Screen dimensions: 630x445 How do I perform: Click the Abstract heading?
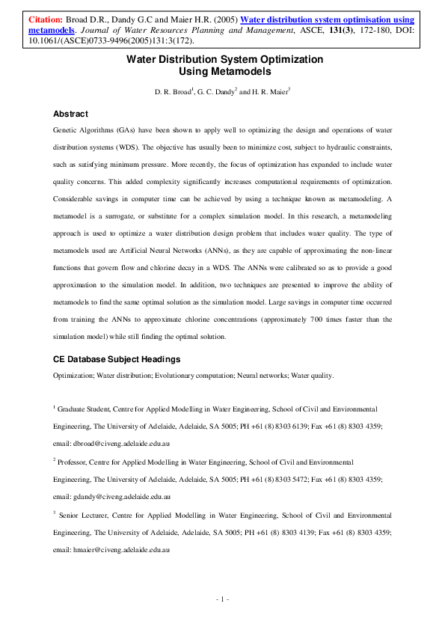70,114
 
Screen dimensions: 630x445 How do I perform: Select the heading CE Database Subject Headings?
116,359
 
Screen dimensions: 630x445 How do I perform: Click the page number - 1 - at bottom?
222,599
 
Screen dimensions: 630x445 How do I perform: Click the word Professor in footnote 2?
79,463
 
